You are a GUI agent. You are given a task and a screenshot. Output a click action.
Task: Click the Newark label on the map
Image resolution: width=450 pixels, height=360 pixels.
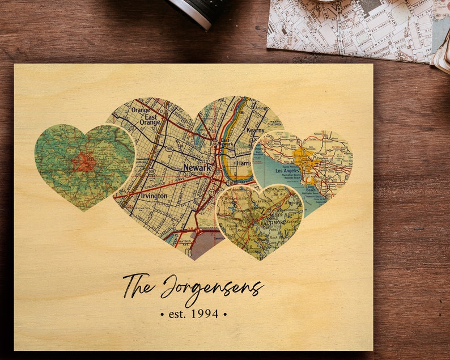(197, 168)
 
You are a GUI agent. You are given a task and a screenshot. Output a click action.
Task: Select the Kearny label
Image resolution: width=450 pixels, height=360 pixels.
(255, 130)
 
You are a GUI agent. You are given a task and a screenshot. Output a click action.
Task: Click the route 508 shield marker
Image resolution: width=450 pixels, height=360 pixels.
(169, 149)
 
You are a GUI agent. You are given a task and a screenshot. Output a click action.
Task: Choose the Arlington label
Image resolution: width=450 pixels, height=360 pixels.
(262, 108)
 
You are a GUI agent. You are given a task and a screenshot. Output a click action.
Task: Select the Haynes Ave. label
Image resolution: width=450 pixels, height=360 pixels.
(184, 243)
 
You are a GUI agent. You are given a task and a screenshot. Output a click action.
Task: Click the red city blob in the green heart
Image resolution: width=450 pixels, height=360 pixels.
(84, 163)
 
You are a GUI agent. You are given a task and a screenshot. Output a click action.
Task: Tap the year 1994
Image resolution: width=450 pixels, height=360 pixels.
(205, 313)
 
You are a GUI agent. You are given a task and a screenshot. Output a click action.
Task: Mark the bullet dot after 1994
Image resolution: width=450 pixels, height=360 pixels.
(224, 313)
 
